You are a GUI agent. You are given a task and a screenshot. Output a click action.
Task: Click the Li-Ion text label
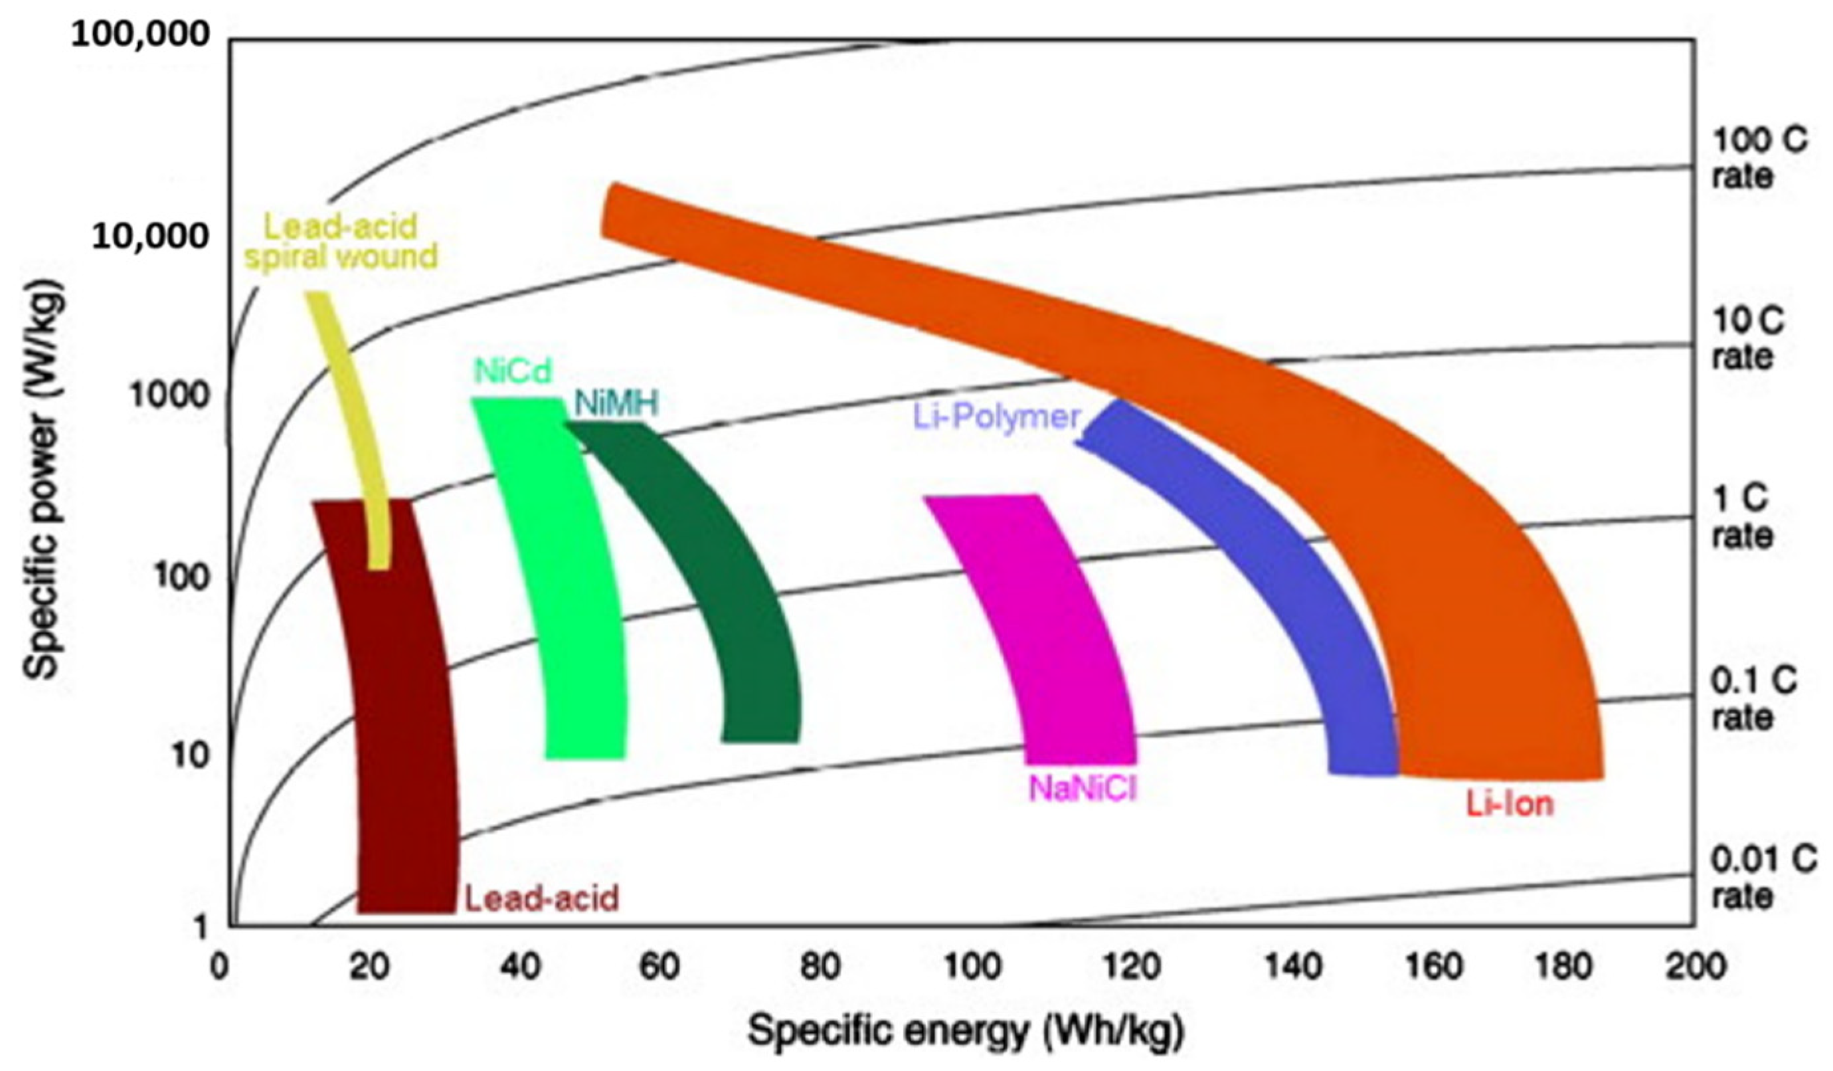(x=1510, y=804)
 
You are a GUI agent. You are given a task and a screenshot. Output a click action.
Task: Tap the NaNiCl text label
(x=1082, y=789)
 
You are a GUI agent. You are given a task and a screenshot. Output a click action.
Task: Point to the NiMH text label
(x=616, y=404)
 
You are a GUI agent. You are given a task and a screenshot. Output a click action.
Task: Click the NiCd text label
(x=513, y=371)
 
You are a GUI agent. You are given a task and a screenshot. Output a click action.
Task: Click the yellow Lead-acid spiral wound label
(x=341, y=242)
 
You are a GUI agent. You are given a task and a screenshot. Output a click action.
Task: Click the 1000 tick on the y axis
(x=169, y=397)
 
